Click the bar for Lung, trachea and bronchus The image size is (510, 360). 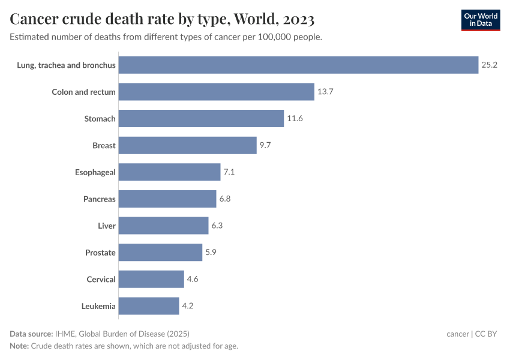click(298, 65)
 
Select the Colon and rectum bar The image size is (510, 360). click(216, 92)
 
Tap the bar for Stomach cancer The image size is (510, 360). click(201, 119)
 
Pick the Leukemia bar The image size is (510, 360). click(149, 306)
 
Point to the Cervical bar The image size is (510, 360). click(151, 279)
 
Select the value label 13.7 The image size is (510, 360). click(325, 92)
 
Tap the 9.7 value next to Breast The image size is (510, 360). click(266, 145)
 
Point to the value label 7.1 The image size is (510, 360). click(229, 172)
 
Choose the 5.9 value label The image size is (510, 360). click(211, 253)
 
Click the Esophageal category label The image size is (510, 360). click(95, 172)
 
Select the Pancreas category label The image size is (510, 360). click(100, 199)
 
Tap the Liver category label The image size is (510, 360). click(107, 226)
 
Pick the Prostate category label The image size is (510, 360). click(100, 253)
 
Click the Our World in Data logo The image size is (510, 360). click(481, 20)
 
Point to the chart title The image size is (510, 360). click(162, 20)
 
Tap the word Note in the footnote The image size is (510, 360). click(19, 346)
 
